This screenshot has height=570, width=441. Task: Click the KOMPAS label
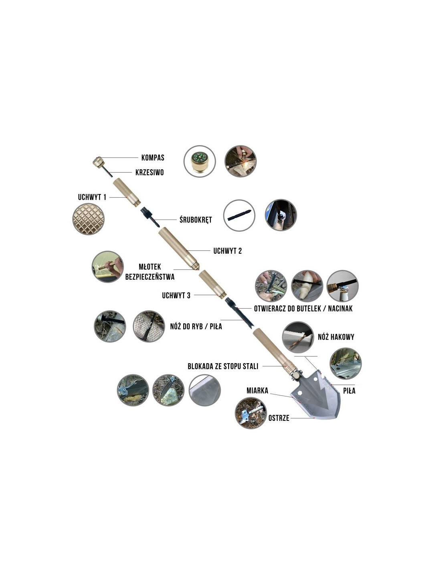coord(153,158)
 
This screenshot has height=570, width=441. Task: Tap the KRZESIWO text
coord(149,172)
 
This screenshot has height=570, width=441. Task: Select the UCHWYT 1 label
coord(92,197)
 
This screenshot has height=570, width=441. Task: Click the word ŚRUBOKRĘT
coord(196,220)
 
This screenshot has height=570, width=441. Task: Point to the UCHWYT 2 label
coord(227,251)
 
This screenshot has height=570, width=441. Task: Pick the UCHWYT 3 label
coord(176,295)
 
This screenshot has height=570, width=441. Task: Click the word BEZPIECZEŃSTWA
coord(150,277)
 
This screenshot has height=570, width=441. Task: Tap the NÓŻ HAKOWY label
coord(336,337)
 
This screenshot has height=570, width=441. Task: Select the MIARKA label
coord(257,390)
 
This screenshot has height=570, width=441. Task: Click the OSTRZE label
coord(279,418)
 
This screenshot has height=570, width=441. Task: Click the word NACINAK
coord(340,309)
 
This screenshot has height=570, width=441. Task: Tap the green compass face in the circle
coord(200,158)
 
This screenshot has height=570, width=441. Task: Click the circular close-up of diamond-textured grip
coord(89,219)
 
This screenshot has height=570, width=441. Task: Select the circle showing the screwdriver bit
coord(239,215)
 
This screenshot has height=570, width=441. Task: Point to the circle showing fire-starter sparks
coord(240,161)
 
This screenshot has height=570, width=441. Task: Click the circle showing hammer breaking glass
coord(107,267)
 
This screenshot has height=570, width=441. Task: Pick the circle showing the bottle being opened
coord(342,286)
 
